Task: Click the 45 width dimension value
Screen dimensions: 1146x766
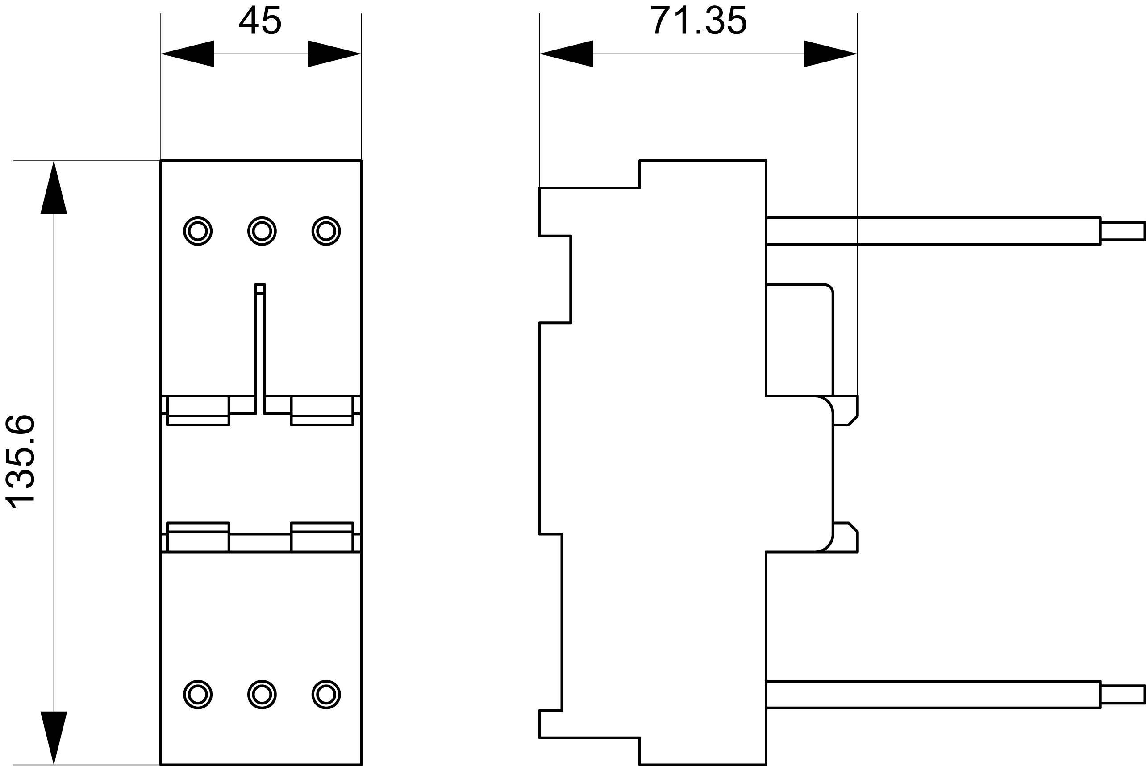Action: tap(260, 21)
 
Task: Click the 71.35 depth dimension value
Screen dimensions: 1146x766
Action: tap(699, 21)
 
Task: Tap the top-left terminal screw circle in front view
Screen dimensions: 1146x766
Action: tap(198, 231)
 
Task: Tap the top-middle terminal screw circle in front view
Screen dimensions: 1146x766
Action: tap(262, 231)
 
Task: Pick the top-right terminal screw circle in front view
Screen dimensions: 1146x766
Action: tap(326, 231)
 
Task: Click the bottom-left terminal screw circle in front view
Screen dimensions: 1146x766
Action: tap(198, 694)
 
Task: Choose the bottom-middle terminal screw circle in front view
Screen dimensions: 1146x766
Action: tap(262, 694)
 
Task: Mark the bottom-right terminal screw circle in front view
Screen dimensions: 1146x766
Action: tap(326, 694)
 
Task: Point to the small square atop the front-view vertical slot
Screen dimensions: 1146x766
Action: tap(260, 289)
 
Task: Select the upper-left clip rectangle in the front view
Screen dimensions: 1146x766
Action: tap(198, 410)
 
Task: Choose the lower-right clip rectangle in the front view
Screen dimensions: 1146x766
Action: tap(322, 537)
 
